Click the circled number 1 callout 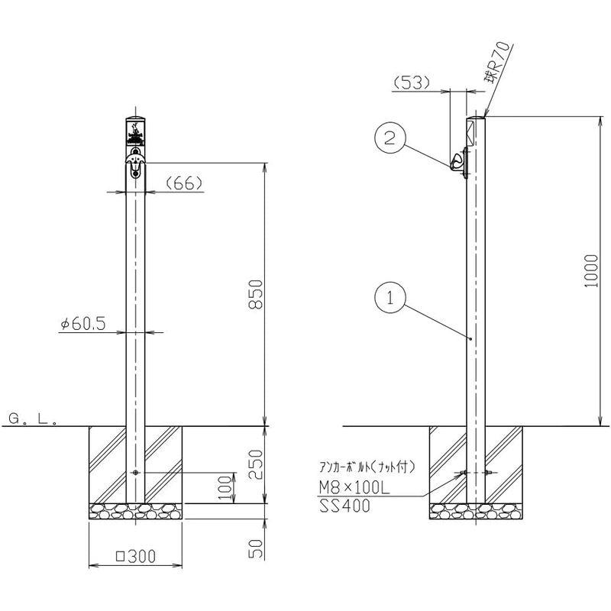pyautogui.click(x=390, y=298)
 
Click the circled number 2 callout pyautogui.click(x=390, y=137)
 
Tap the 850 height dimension pyautogui.click(x=256, y=294)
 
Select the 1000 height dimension pyautogui.click(x=591, y=271)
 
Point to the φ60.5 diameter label pyautogui.click(x=83, y=323)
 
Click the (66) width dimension pyautogui.click(x=184, y=183)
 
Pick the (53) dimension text pyautogui.click(x=412, y=82)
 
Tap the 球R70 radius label pyautogui.click(x=496, y=63)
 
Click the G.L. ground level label pyautogui.click(x=33, y=419)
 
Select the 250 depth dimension pyautogui.click(x=256, y=464)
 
